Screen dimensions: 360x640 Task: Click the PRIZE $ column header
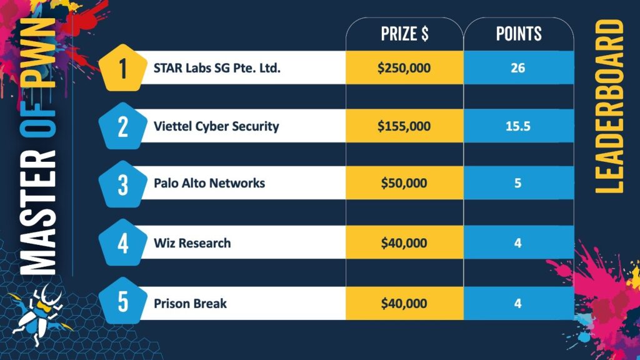[404, 34]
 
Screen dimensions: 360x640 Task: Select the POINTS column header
[518, 34]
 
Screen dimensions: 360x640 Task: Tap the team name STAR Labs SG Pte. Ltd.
[217, 67]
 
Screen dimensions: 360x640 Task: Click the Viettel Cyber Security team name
[216, 126]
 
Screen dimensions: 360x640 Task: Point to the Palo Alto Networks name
[209, 183]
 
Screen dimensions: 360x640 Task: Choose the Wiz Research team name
[192, 242]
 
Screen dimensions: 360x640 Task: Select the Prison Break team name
[190, 304]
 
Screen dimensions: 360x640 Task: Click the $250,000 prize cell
[404, 67]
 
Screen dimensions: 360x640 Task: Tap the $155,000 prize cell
[404, 126]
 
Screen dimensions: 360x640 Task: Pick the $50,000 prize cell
[404, 183]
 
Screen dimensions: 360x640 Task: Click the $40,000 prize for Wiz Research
[404, 242]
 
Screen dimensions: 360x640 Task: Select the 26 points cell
[517, 67]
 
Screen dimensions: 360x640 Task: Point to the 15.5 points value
[517, 126]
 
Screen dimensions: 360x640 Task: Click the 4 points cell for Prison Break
[517, 304]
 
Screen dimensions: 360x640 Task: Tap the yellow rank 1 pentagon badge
[122, 67]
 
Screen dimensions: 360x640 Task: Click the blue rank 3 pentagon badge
[122, 183]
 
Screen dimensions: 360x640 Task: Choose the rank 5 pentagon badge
[122, 302]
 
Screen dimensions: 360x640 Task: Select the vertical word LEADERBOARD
[609, 106]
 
